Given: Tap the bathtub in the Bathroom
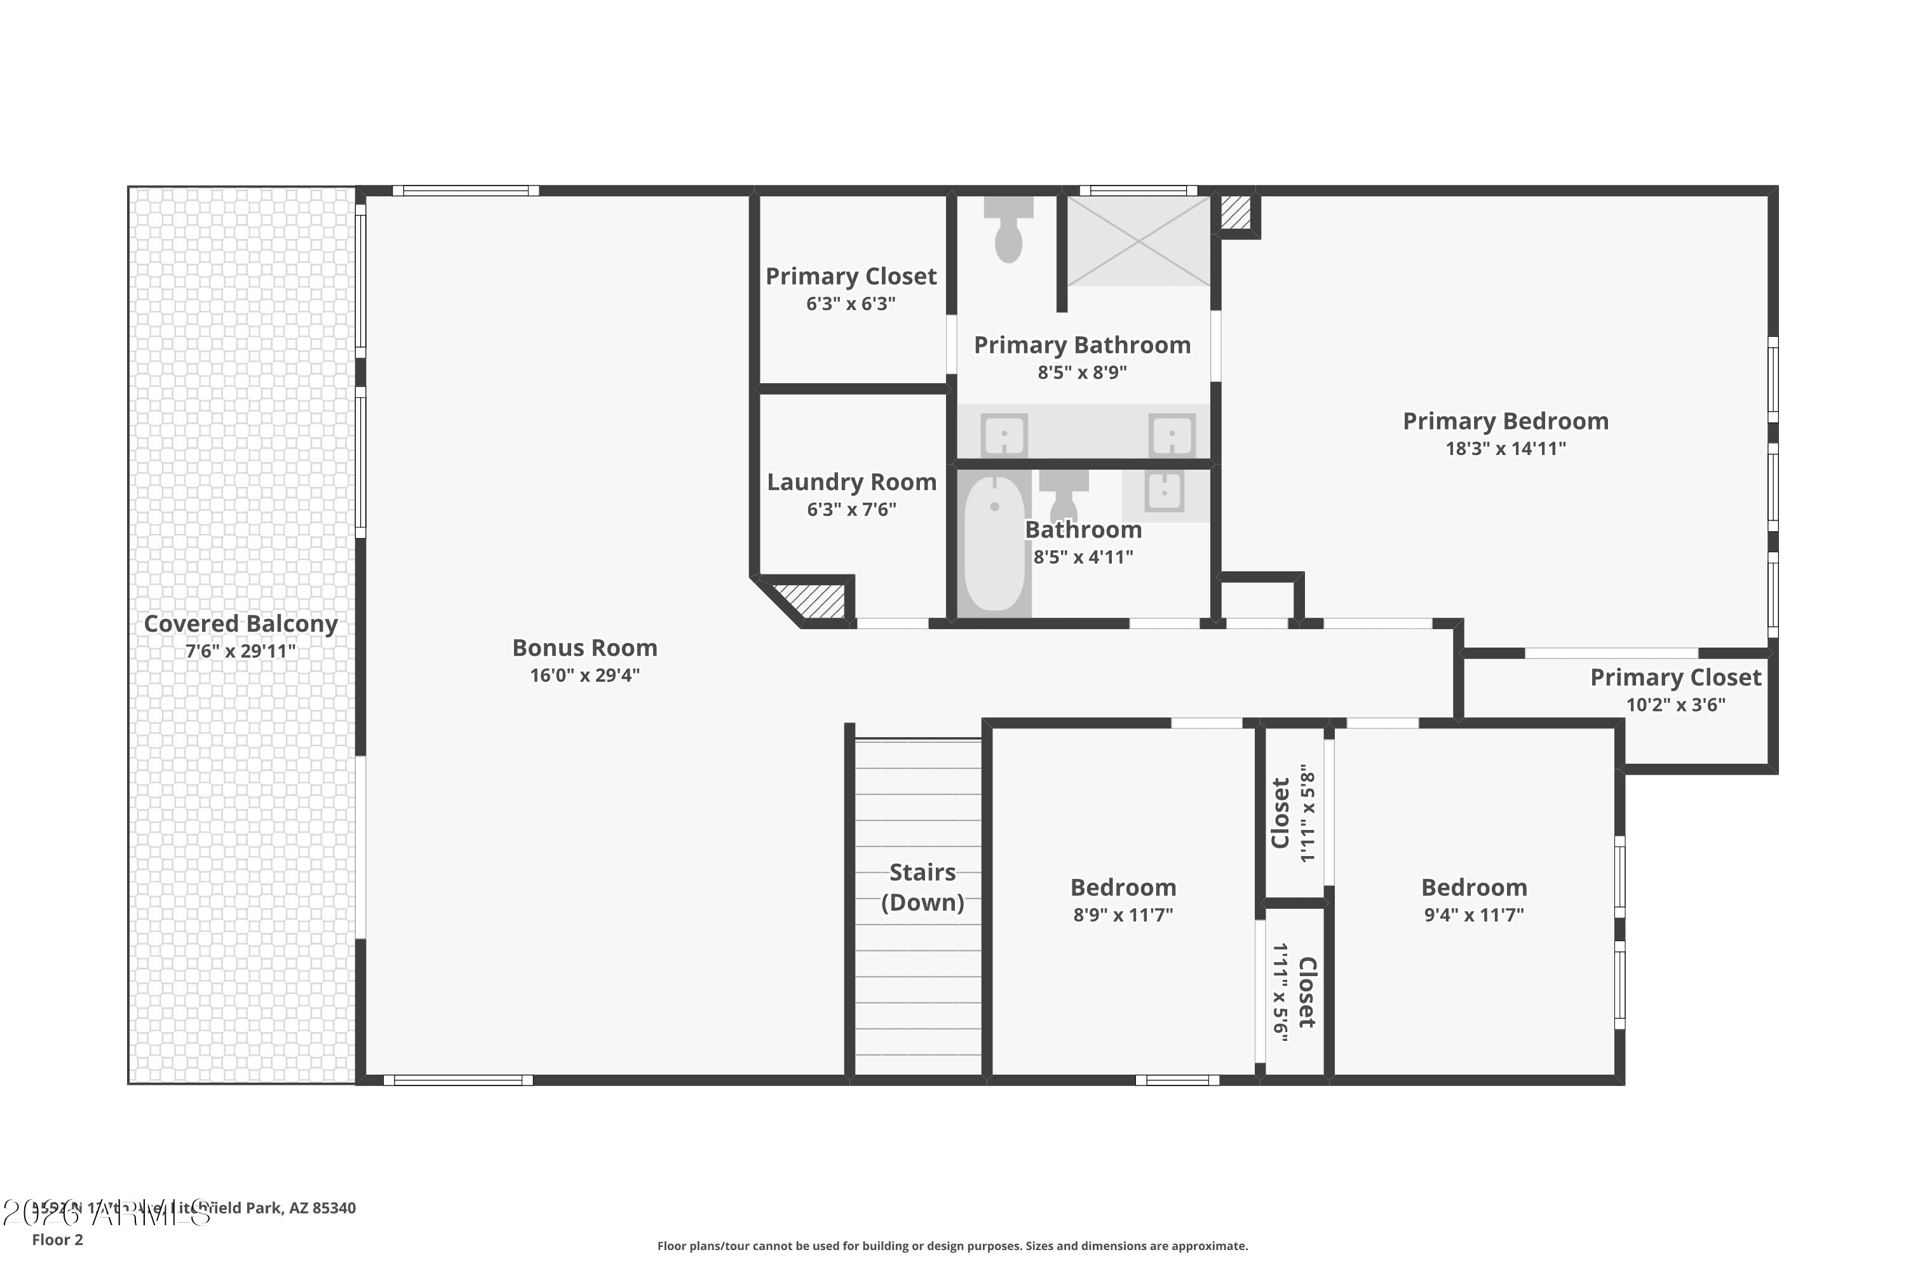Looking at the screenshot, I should click(x=994, y=543).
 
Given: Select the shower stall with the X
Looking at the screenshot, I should click(x=1138, y=241).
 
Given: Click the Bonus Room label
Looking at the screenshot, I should click(x=585, y=648).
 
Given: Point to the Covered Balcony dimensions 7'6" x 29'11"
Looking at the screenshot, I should click(x=241, y=651).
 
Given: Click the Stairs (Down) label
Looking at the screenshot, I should click(x=923, y=887).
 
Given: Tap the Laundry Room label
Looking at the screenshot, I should click(x=851, y=482).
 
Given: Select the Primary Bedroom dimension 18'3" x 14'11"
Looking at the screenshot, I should click(x=1505, y=448).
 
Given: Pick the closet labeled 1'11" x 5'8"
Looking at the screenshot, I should click(x=1294, y=813).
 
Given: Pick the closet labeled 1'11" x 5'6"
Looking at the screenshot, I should click(x=1294, y=992).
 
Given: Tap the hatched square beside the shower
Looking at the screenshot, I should click(x=1235, y=212).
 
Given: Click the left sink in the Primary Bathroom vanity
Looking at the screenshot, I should click(x=1004, y=435).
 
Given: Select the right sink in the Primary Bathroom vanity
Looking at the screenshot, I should click(x=1172, y=435).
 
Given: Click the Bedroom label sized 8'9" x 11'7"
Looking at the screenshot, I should click(x=1123, y=888).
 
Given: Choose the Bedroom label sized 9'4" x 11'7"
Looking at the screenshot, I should click(x=1473, y=888).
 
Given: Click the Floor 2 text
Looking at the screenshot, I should click(x=58, y=1239).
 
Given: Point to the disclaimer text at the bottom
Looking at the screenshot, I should click(x=952, y=1246).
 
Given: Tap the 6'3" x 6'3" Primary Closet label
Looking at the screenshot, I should click(x=851, y=276).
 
